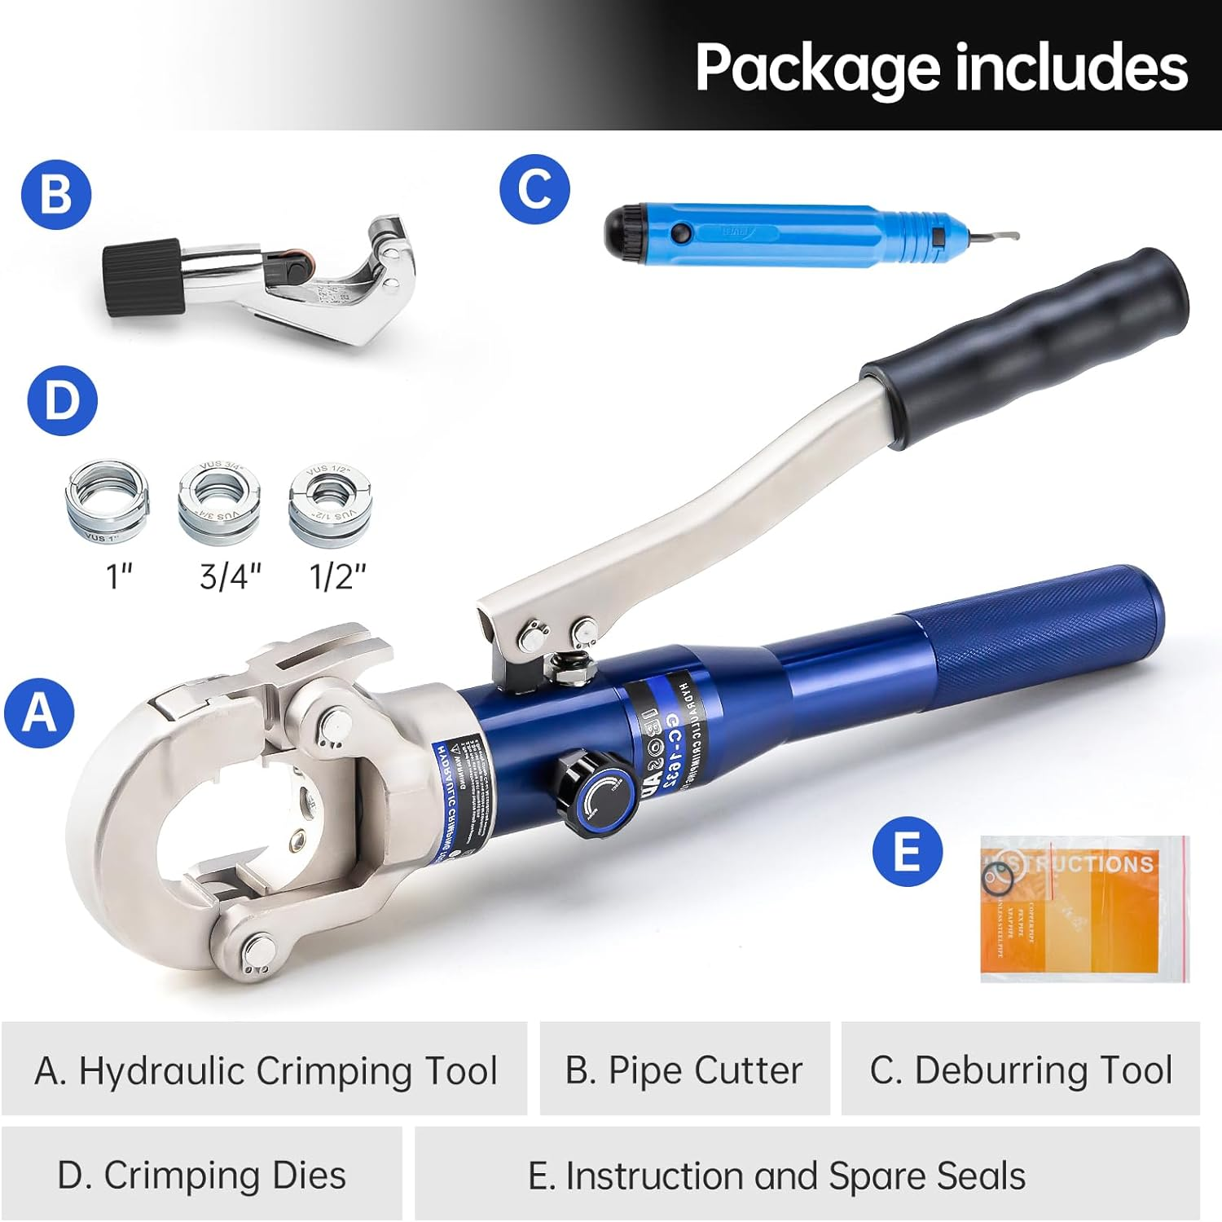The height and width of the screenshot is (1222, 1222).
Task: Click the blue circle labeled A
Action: pos(39,712)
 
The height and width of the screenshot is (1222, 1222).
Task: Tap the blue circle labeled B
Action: pos(55,195)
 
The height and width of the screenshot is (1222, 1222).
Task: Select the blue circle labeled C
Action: pos(534,188)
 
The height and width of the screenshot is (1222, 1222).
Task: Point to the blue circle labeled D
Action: pos(62,400)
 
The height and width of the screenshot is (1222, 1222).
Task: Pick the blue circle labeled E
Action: pos(907,851)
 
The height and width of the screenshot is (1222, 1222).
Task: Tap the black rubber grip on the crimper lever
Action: pos(1026,342)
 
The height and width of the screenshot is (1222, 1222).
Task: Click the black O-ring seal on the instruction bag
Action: pos(998,877)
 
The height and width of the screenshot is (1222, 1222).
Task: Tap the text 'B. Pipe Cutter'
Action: pos(684,1070)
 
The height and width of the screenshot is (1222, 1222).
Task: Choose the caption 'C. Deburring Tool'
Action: pos(1021,1070)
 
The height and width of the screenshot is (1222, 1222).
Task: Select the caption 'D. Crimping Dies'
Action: pos(201,1175)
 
